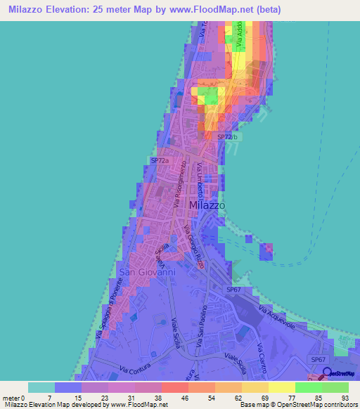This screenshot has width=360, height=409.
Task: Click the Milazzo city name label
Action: point(207,204)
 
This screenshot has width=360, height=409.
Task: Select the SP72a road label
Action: point(160,161)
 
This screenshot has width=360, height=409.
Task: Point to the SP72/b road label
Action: point(226,137)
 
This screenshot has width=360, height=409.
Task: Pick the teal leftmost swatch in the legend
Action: point(41,387)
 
